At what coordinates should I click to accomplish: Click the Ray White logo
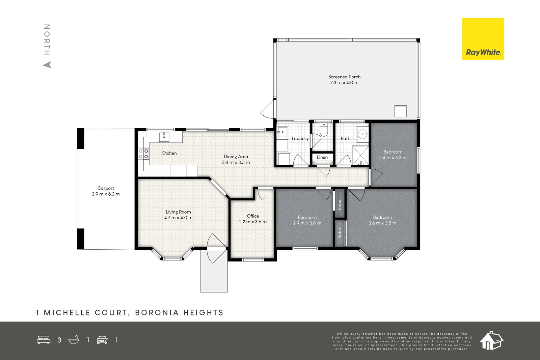pyautogui.click(x=483, y=39)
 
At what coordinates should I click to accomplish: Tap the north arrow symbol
pyautogui.click(x=47, y=65)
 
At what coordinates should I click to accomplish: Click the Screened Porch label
pyautogui.click(x=344, y=77)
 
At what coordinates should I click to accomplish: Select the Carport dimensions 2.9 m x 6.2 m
pyautogui.click(x=106, y=194)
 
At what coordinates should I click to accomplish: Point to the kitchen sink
pyautogui.click(x=164, y=137)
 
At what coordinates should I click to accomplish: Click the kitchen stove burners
pyautogui.click(x=143, y=154)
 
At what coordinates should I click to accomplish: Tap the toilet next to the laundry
pyautogui.click(x=323, y=130)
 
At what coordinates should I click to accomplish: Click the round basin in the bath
pyautogui.click(x=362, y=134)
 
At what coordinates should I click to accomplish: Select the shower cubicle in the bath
pyautogui.click(x=360, y=155)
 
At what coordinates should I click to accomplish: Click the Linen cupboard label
pyautogui.click(x=322, y=157)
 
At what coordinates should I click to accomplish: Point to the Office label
pyautogui.click(x=253, y=216)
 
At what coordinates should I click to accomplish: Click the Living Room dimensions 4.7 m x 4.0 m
pyautogui.click(x=178, y=218)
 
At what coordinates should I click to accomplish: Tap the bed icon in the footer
pyautogui.click(x=44, y=340)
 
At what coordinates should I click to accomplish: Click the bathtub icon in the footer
pyautogui.click(x=74, y=340)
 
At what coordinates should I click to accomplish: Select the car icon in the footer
pyautogui.click(x=102, y=340)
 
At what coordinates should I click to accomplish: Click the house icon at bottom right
pyautogui.click(x=491, y=340)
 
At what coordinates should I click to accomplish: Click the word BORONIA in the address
pyautogui.click(x=157, y=313)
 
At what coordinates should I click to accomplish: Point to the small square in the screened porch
pyautogui.click(x=400, y=111)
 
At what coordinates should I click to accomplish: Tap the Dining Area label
pyautogui.click(x=236, y=157)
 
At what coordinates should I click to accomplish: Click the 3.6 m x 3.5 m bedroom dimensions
pyautogui.click(x=382, y=223)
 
